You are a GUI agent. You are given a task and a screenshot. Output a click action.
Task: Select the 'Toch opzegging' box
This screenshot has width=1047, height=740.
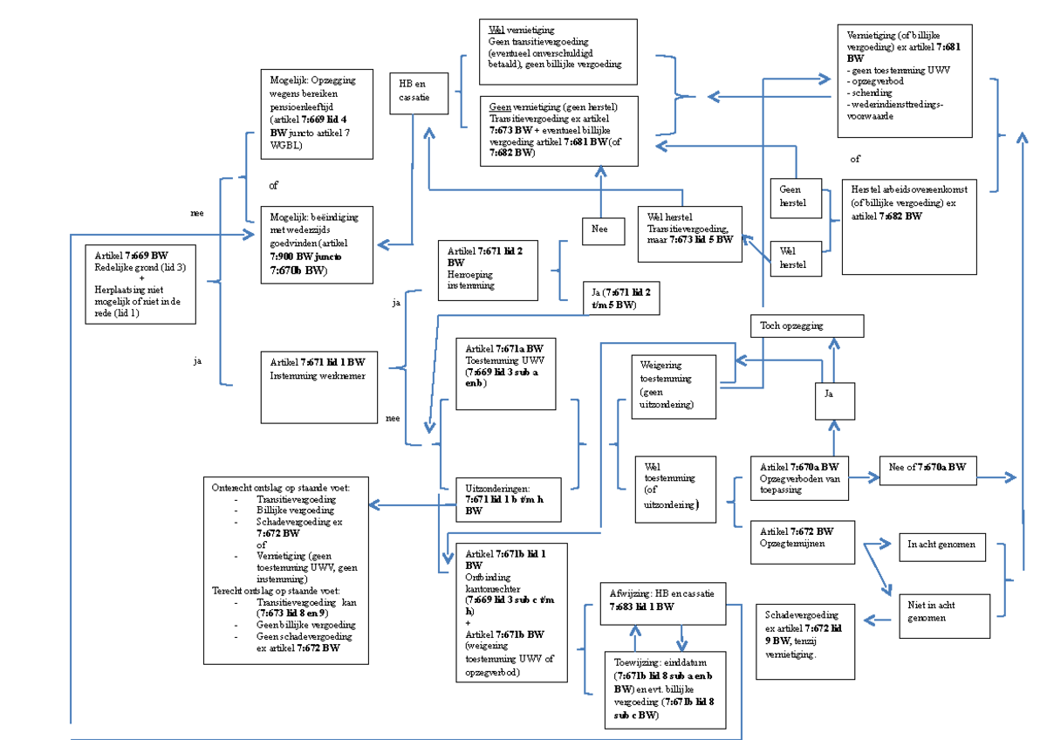[806, 326]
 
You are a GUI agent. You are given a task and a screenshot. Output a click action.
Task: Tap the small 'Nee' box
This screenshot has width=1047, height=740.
[602, 230]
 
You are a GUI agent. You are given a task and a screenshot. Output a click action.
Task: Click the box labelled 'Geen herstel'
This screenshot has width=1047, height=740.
[796, 199]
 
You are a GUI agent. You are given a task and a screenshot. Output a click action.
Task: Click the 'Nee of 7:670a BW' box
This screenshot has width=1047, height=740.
[928, 469]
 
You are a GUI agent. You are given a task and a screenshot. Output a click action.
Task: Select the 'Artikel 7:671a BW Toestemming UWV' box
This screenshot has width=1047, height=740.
[505, 373]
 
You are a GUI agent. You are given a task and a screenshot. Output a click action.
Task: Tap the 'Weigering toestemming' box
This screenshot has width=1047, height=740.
[674, 386]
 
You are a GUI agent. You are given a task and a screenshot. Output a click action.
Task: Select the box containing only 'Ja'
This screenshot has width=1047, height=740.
[835, 401]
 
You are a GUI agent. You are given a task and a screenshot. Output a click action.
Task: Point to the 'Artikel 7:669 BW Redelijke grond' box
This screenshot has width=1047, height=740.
[140, 284]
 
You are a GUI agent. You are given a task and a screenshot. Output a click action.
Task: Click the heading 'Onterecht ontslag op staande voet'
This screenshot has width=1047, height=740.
[280, 487]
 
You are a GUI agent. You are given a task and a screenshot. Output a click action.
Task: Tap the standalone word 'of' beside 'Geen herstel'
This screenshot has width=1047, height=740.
[855, 160]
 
